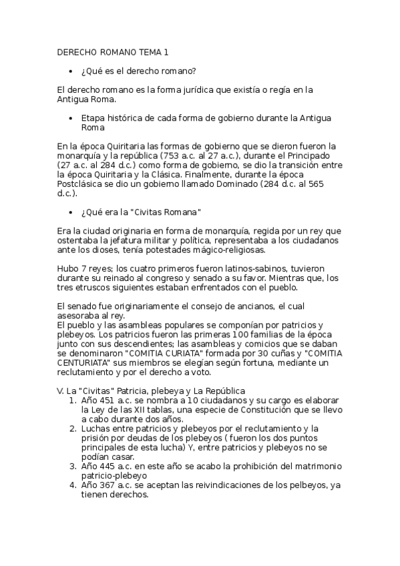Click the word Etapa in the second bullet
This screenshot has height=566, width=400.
point(93,117)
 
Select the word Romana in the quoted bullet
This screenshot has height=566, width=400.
point(179,212)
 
